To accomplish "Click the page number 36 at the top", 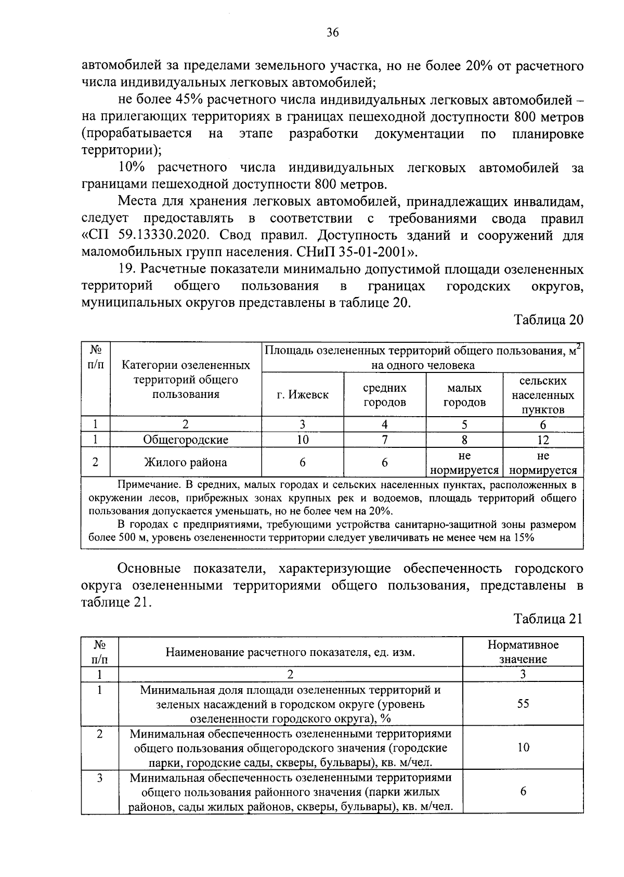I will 333,33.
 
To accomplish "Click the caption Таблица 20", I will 549,319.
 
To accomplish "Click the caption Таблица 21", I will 549,619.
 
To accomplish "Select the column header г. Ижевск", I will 303,395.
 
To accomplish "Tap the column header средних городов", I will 384,395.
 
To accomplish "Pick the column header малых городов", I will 464,395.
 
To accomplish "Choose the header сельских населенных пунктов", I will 543,395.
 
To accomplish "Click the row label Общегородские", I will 186,440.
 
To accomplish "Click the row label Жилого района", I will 186,462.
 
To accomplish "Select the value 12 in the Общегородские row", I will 543,440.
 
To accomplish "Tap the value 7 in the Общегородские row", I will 384,440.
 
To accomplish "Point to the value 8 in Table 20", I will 464,440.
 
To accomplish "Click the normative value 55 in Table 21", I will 523,704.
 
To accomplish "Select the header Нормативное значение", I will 523,652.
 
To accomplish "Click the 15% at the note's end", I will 524,538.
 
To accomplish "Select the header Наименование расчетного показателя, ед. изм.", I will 290,652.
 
